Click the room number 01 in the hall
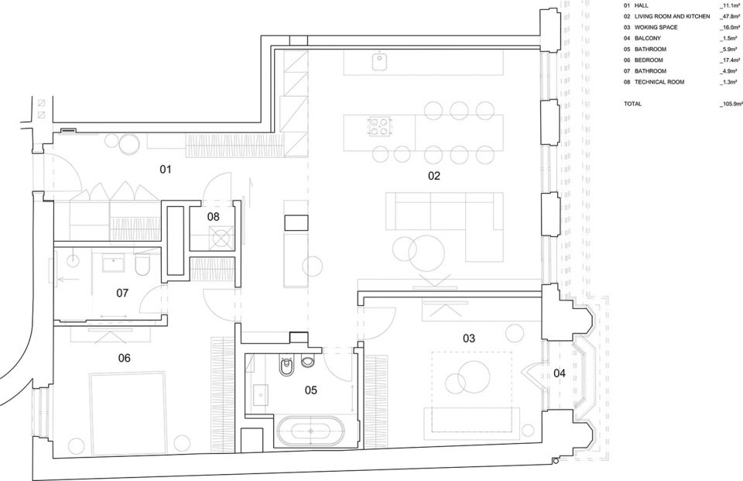(165, 170)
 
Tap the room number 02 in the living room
(434, 176)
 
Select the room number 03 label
(469, 338)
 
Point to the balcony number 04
(560, 373)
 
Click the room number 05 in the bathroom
(311, 390)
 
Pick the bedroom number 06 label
(124, 358)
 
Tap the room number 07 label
(122, 293)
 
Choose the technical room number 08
(214, 217)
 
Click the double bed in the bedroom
(128, 413)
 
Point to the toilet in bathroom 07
(142, 266)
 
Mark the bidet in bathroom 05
(286, 366)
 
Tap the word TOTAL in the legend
(632, 91)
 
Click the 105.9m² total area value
(731, 91)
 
